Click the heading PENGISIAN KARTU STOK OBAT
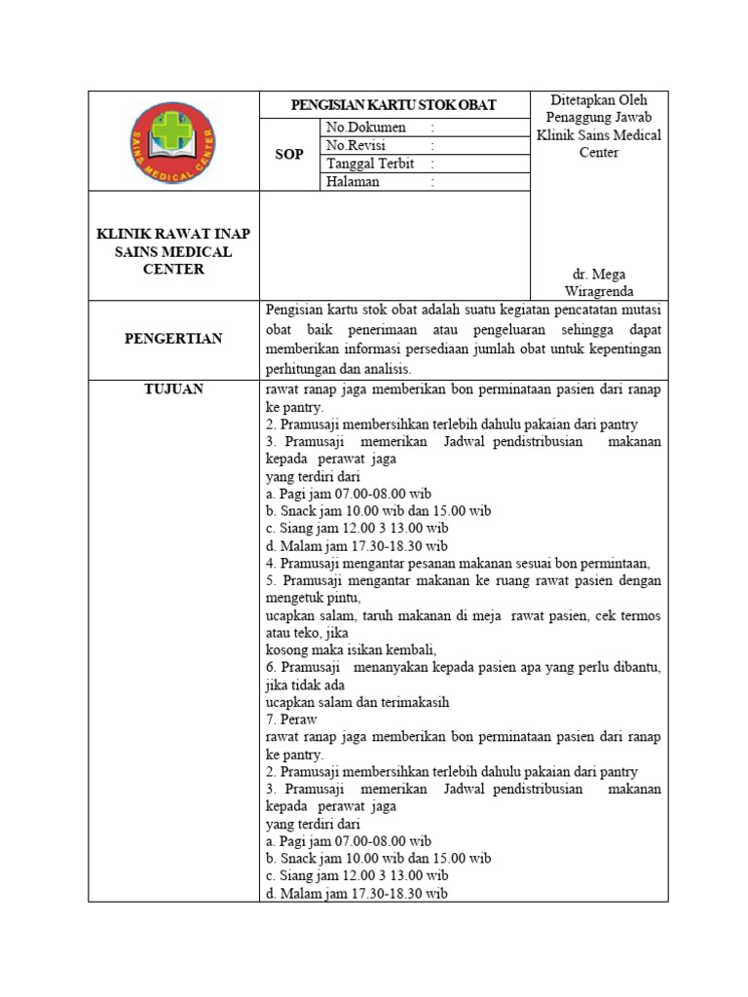click(x=395, y=105)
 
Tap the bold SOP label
click(x=289, y=155)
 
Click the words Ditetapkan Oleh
click(x=598, y=99)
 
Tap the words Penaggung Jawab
click(x=598, y=117)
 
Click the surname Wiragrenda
click(x=599, y=292)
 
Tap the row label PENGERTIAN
click(x=172, y=339)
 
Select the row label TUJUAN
click(x=172, y=388)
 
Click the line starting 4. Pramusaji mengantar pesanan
click(x=457, y=564)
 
